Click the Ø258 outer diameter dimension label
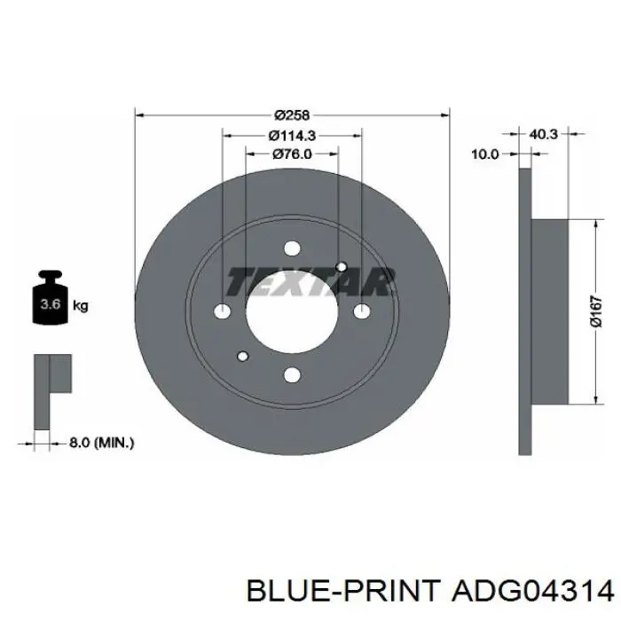[292, 115]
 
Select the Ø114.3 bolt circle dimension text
[292, 136]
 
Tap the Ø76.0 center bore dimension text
[292, 153]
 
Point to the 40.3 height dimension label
[543, 134]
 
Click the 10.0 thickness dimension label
[485, 153]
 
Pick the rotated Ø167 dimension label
[595, 311]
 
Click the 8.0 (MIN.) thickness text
[102, 443]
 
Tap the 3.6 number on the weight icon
[51, 304]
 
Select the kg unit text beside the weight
[81, 305]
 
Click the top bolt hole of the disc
[292, 248]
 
